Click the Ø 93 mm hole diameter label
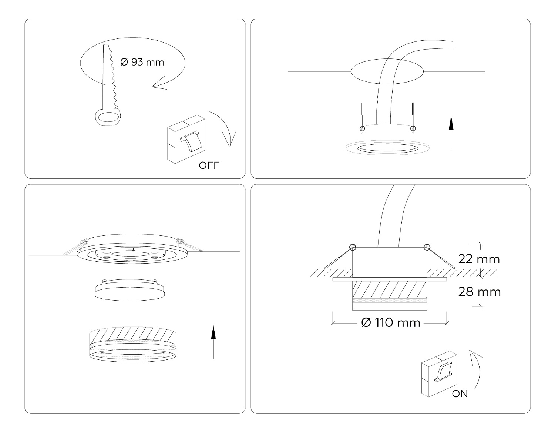pyautogui.click(x=142, y=62)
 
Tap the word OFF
pyautogui.click(x=209, y=165)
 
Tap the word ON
pyautogui.click(x=460, y=394)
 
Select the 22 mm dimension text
pyautogui.click(x=479, y=259)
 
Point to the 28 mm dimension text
pyautogui.click(x=480, y=292)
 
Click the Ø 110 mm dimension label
pyautogui.click(x=391, y=323)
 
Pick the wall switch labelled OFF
pyautogui.click(x=186, y=139)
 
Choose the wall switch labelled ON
pyautogui.click(x=439, y=374)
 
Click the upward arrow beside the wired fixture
pyautogui.click(x=451, y=133)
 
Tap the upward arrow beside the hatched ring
pyautogui.click(x=213, y=342)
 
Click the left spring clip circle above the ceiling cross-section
pyautogui.click(x=353, y=247)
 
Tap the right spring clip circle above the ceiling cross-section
pyautogui.click(x=427, y=247)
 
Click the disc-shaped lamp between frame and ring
pyautogui.click(x=130, y=290)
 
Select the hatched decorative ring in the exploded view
pyautogui.click(x=133, y=344)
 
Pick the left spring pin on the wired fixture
pyautogui.click(x=362, y=117)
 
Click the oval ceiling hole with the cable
pyautogui.click(x=387, y=71)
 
